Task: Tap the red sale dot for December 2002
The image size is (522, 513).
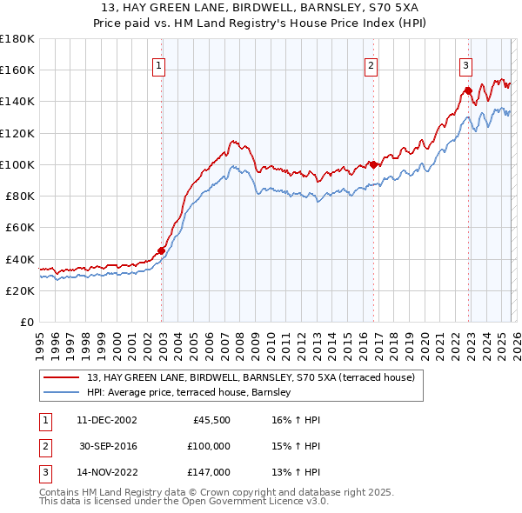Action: point(162,251)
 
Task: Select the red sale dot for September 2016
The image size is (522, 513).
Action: point(372,164)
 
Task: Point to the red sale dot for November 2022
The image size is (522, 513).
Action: point(468,90)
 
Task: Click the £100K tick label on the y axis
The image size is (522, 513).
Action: point(17,164)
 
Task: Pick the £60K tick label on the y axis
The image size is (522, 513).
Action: point(20,228)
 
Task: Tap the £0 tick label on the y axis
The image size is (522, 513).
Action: point(26,323)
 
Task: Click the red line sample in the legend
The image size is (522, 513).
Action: point(64,377)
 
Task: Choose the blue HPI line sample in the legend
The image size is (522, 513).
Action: point(64,393)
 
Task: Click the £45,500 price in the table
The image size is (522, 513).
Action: point(211,420)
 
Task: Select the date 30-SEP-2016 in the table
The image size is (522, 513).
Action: point(108,446)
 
